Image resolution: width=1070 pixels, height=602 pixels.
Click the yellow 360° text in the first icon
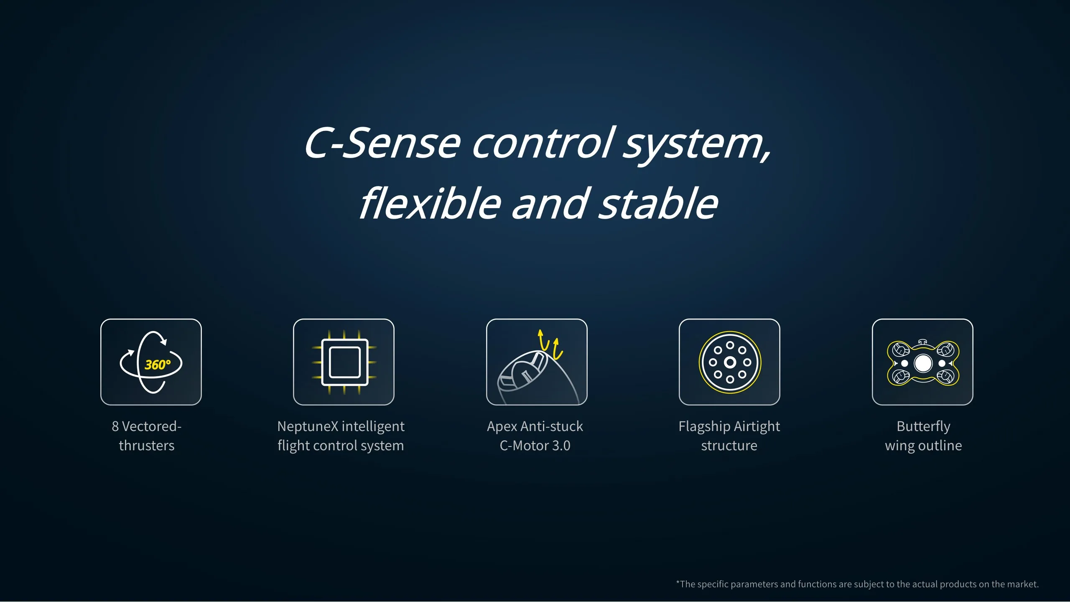(158, 365)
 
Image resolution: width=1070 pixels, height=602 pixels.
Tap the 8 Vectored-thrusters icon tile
(151, 362)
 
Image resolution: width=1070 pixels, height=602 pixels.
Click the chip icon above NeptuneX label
(344, 362)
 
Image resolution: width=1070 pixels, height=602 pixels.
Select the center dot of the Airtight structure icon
(730, 362)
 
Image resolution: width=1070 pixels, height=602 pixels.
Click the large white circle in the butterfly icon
(923, 363)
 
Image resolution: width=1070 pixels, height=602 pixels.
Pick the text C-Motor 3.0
(535, 446)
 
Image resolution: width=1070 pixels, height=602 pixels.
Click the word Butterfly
(923, 427)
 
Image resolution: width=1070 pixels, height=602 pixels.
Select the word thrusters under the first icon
(147, 446)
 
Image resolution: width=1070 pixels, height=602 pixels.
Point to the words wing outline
(923, 446)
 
